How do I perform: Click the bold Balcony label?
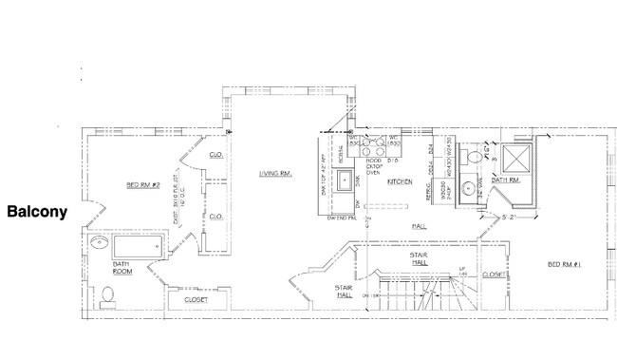tap(37, 212)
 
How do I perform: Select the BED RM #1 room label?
tap(567, 263)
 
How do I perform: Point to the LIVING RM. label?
tap(274, 173)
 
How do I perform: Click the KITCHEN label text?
tap(401, 181)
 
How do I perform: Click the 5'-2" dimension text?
tap(509, 217)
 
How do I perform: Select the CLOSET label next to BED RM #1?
tap(494, 275)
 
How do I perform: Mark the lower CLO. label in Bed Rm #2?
tap(215, 216)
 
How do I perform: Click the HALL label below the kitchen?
tap(419, 226)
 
